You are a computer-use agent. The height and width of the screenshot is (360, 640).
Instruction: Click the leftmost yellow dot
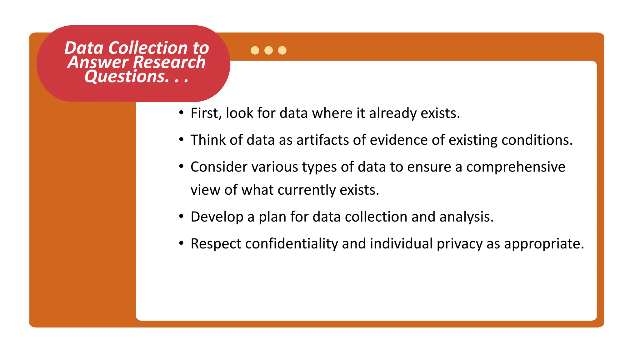(x=255, y=50)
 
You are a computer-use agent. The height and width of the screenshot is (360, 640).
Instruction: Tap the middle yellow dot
(x=268, y=50)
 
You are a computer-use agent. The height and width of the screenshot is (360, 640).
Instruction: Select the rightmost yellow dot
(x=282, y=50)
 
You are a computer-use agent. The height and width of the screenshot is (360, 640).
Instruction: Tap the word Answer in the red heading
(x=98, y=62)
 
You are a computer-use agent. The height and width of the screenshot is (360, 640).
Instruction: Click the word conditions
(x=537, y=140)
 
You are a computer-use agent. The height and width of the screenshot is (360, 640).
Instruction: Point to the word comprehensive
(x=516, y=167)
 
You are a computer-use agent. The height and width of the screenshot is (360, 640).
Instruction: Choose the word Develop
(x=217, y=217)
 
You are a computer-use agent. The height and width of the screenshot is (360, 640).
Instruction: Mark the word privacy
(x=459, y=244)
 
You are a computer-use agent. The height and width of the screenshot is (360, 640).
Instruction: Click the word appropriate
(x=544, y=244)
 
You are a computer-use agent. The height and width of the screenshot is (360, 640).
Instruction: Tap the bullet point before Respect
(x=181, y=243)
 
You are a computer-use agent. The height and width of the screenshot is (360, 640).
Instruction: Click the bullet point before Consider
(x=181, y=166)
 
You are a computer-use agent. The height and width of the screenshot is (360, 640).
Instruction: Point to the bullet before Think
(x=181, y=139)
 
